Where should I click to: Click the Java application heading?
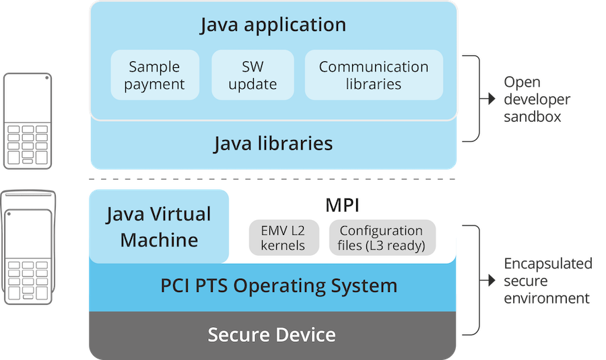tap(273, 26)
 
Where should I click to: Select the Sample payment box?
tap(154, 75)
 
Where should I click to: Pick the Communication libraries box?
tap(374, 75)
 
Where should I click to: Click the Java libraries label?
tap(273, 143)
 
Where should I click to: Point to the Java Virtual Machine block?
tap(159, 227)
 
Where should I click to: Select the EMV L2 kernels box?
tap(283, 238)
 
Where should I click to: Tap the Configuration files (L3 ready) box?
tap(382, 238)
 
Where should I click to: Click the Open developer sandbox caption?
tap(537, 100)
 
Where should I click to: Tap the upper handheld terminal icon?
tap(28, 121)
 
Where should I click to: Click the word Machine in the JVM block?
tap(159, 240)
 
